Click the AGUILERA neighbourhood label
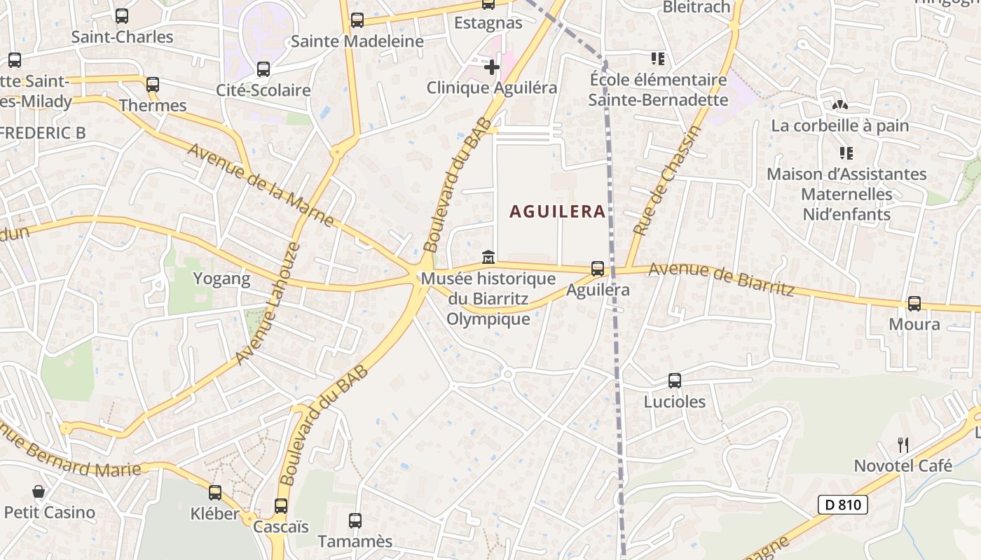coord(557,211)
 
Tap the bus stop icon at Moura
coord(914,304)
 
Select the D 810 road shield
coord(842,504)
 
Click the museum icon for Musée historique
coord(488,258)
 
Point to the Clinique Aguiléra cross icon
coord(492,67)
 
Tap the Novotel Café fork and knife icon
coord(903,444)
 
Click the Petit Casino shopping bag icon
coord(39,492)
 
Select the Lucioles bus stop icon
coord(675,381)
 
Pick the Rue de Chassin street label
coord(666,180)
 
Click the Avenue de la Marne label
coord(261,185)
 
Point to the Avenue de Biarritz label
coord(721,278)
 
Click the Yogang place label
coord(221,279)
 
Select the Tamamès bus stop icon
coord(355,521)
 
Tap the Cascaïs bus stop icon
coord(281,505)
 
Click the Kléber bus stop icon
coord(215,493)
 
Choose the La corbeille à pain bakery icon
coord(839,105)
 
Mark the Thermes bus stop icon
coord(153,85)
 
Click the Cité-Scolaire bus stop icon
coord(263,69)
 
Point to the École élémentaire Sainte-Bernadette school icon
coord(657,59)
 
